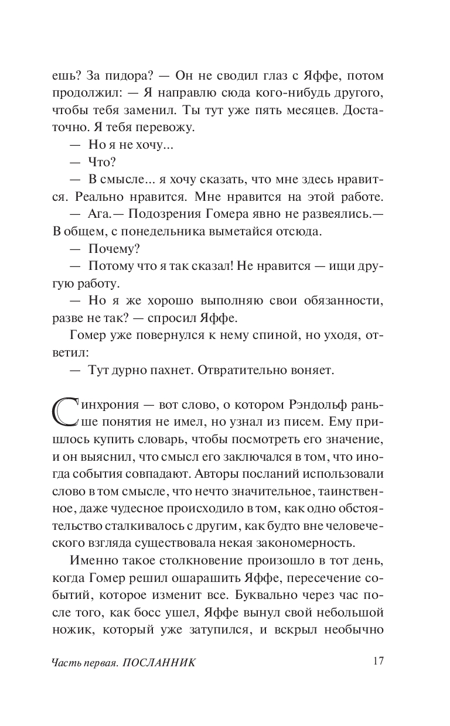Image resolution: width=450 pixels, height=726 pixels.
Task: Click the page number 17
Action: tap(377, 661)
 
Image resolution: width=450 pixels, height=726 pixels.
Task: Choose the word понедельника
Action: tap(151, 231)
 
